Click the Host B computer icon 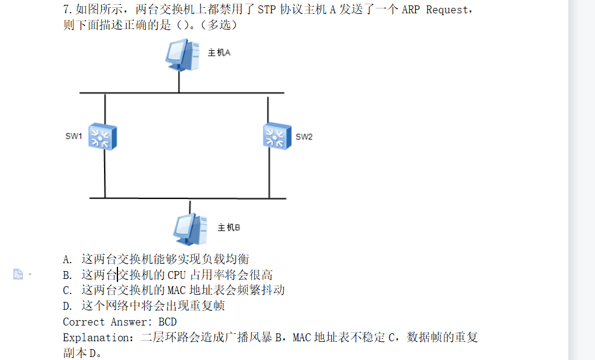[190, 229]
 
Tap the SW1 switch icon [102, 136]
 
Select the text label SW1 [73, 137]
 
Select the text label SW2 [304, 137]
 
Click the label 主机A [219, 53]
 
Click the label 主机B [229, 228]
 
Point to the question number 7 [67, 10]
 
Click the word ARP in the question [412, 10]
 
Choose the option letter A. [67, 260]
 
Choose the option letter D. [67, 306]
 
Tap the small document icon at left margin [18, 275]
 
